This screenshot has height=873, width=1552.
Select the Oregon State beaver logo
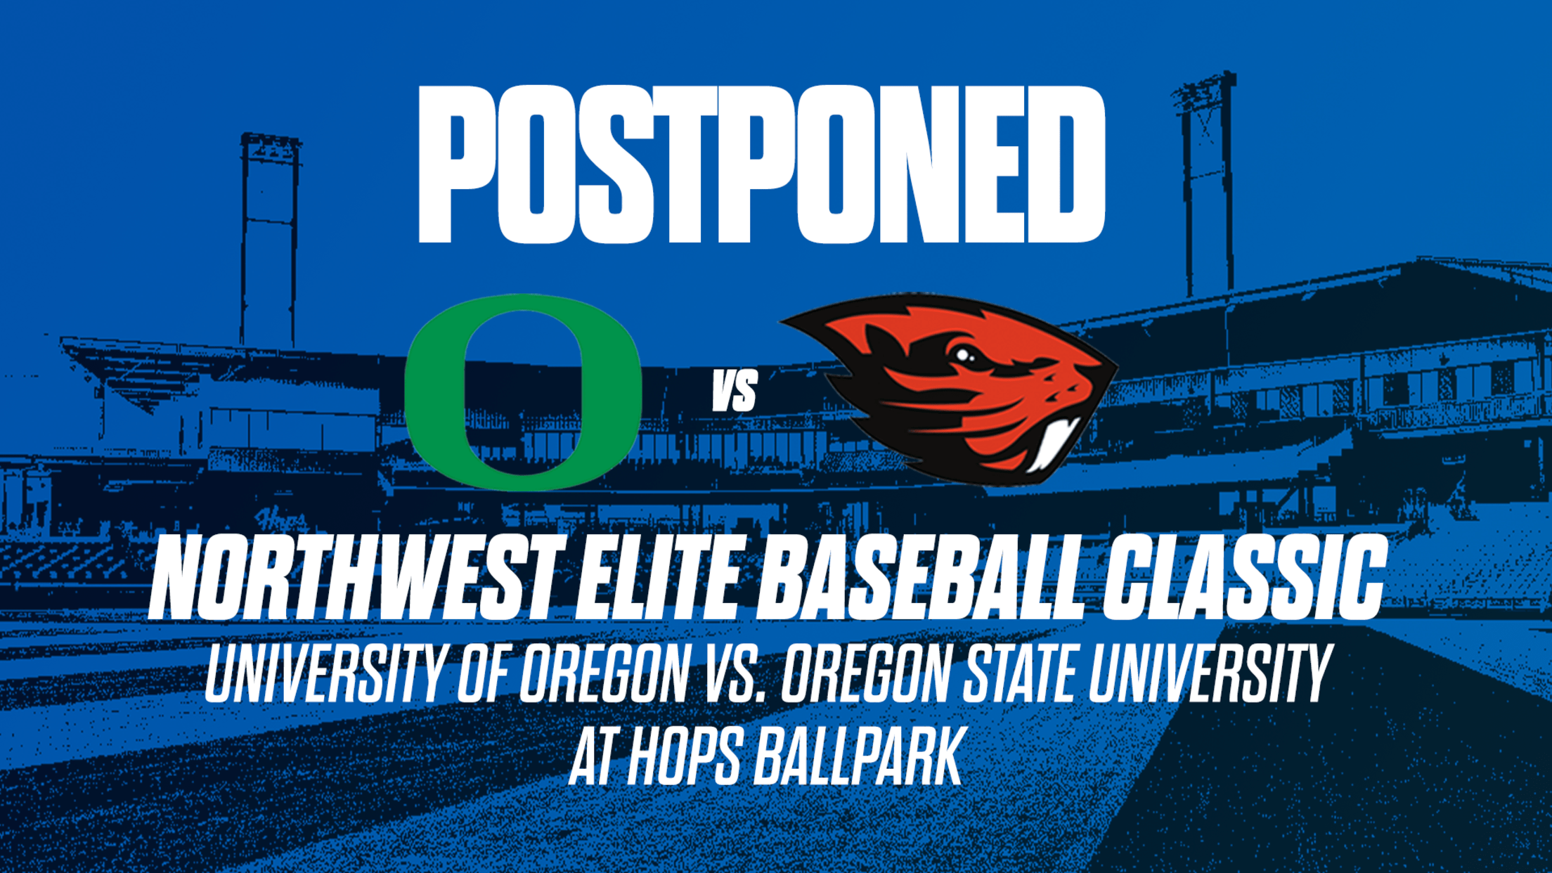[949, 389]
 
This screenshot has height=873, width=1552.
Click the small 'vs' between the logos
[735, 391]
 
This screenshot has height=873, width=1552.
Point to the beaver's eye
[962, 355]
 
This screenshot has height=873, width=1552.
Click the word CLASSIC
[1243, 577]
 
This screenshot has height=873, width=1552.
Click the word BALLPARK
[858, 757]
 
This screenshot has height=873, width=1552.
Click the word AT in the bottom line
[594, 757]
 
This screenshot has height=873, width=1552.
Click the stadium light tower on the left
[271, 239]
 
